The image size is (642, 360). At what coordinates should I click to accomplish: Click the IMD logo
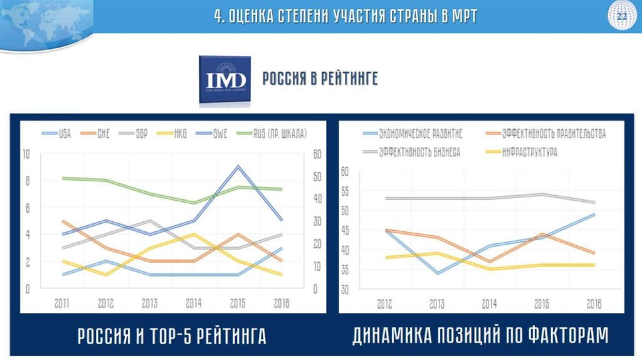pos(224,80)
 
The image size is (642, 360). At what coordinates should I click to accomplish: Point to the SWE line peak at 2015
pos(238,166)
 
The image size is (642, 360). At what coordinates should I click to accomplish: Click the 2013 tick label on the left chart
pos(149,304)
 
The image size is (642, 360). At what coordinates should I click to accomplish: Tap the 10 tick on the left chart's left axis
pos(26,154)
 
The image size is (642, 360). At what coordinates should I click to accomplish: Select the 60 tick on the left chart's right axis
pos(317,154)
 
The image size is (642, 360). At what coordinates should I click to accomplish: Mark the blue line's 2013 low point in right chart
pos(437,273)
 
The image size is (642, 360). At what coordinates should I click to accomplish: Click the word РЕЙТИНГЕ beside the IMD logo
pos(349,79)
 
